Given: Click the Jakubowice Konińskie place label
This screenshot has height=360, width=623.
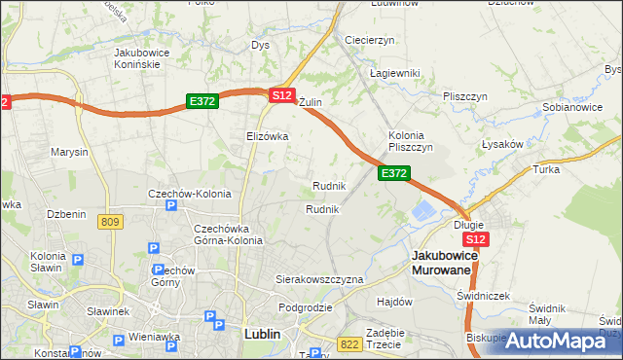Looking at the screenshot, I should click(143, 57).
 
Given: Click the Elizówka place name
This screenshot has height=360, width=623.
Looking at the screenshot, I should click(268, 136).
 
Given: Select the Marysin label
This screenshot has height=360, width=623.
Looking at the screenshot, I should click(70, 153).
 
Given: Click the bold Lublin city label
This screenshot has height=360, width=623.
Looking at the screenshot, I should click(260, 334).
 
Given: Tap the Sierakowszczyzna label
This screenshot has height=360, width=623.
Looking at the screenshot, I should click(319, 279).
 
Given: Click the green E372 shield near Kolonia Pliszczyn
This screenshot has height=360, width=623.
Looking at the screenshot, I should click(393, 172).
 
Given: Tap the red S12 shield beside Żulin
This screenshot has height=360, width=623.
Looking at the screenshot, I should click(282, 94).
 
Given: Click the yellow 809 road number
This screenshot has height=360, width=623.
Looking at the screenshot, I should click(110, 222).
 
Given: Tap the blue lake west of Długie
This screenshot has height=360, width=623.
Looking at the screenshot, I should click(425, 211).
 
